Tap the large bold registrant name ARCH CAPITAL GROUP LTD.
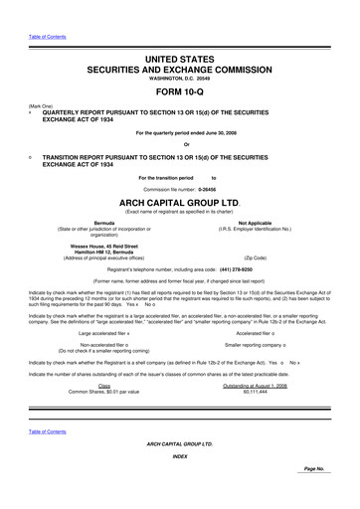pos(179,201)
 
